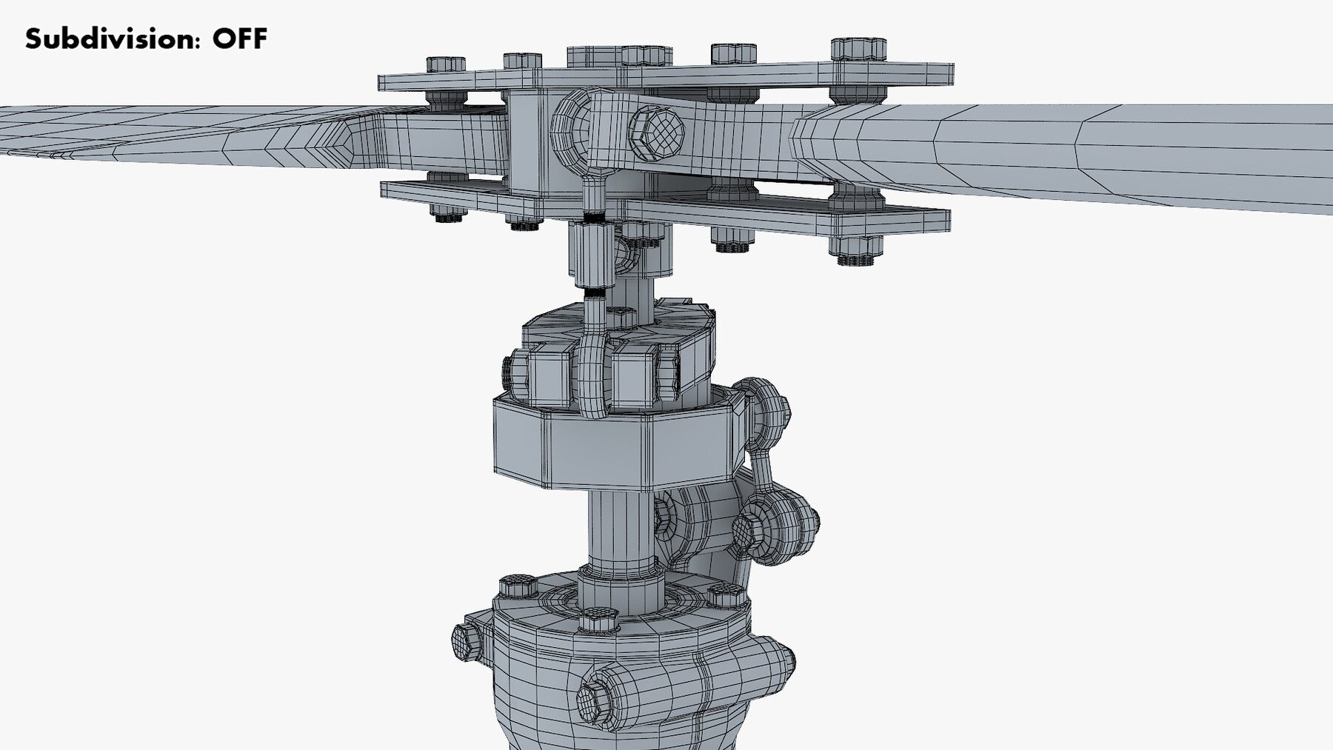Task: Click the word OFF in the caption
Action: pos(239,38)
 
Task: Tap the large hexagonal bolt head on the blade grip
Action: pos(656,133)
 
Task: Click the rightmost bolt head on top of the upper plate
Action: pos(858,50)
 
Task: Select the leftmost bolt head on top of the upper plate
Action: pos(446,64)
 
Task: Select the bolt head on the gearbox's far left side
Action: pos(466,640)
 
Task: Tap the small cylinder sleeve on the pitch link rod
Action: pos(590,255)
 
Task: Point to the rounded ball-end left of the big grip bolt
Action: pos(574,130)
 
